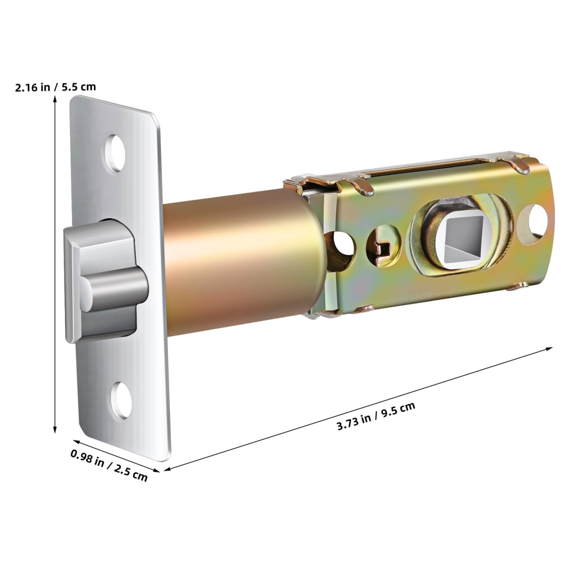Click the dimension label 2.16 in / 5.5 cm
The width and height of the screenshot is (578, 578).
(56, 87)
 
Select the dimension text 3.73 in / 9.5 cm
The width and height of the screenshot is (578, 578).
(376, 416)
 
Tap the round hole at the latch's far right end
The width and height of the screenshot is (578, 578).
(535, 220)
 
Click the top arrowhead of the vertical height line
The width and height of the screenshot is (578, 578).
(55, 103)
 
